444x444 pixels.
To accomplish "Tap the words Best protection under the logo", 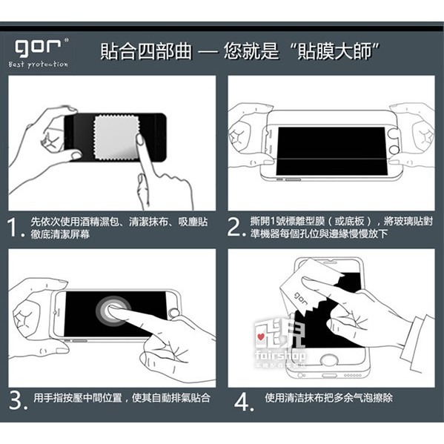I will click(39, 64).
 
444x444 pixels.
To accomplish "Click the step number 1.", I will click(16, 228).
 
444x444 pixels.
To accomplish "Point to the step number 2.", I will click(235, 228).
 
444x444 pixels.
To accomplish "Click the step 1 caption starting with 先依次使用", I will click(119, 228).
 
